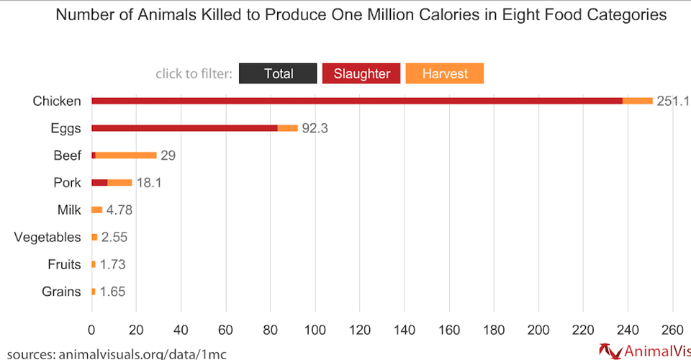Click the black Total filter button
pos(278,73)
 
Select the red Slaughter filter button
pos(361,73)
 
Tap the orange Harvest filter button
pos(445,73)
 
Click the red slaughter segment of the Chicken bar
pos(356,101)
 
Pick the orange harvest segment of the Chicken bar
pos(638,101)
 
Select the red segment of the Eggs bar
pos(184,128)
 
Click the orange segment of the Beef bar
pos(126,156)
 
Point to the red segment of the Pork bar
pos(99,183)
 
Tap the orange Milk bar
pos(97,210)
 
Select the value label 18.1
pos(149,183)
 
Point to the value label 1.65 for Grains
pos(112,292)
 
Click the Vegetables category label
pos(48,238)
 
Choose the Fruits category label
pos(64,265)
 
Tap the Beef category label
pos(67,156)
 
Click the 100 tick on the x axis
pos(315,330)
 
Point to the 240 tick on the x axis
pos(628,330)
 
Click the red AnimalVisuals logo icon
pos(610,351)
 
